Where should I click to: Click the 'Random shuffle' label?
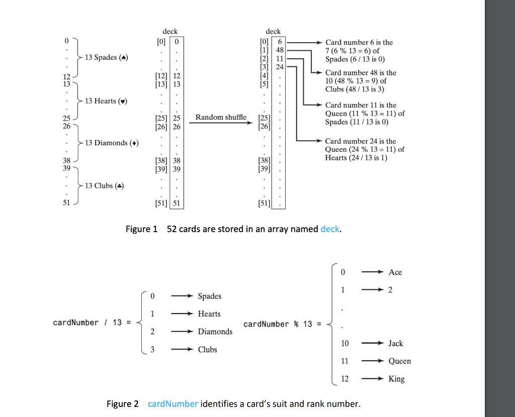[x=221, y=117]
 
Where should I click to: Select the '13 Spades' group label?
[x=106, y=57]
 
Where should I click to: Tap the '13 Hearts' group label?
[x=106, y=101]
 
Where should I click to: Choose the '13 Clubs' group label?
[x=104, y=186]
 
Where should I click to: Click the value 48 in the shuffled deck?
[x=280, y=50]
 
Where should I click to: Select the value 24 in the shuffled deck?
[x=280, y=66]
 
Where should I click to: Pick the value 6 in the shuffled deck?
[x=281, y=42]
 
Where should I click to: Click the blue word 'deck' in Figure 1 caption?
[x=330, y=229]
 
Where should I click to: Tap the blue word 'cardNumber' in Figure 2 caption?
[x=173, y=404]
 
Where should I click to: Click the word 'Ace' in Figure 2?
[x=395, y=272]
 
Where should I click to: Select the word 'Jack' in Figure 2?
[x=395, y=344]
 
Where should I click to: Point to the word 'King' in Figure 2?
[x=396, y=379]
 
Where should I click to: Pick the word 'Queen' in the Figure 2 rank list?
[x=399, y=361]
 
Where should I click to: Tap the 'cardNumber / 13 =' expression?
[x=93, y=323]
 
